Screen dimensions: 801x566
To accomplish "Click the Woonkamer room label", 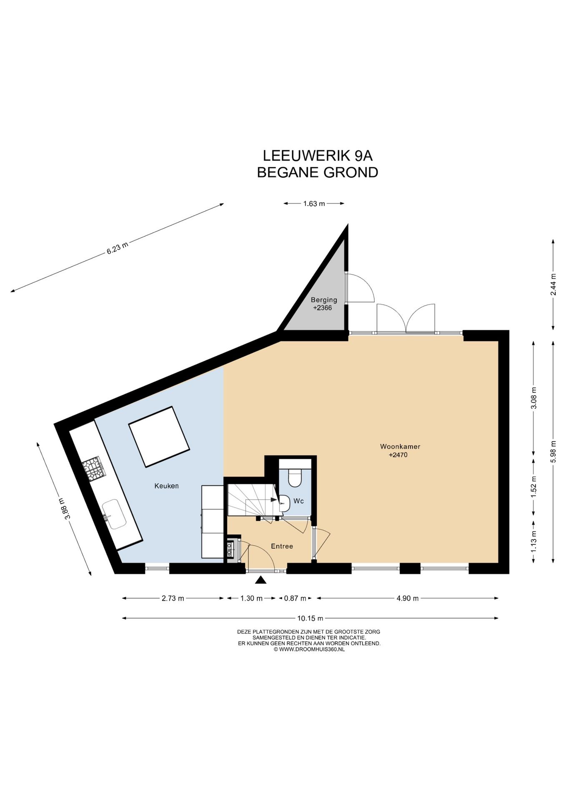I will (x=400, y=446).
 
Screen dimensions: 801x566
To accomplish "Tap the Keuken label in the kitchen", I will (x=166, y=486).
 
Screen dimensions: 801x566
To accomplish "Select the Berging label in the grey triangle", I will (x=324, y=300).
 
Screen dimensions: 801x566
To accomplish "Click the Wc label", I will (x=298, y=501).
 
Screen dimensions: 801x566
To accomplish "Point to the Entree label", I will (x=282, y=546).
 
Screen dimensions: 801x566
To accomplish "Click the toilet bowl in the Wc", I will (x=295, y=478).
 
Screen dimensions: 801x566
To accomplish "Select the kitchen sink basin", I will (x=114, y=514).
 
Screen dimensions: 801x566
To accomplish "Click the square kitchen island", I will (x=159, y=437).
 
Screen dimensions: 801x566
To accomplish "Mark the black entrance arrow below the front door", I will (x=260, y=580).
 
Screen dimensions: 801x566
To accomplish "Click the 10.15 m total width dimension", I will (x=310, y=618).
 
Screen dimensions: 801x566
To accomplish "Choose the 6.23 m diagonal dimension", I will (x=117, y=248).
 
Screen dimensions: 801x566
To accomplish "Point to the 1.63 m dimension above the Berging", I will (x=314, y=204).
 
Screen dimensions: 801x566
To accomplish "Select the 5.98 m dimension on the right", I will (x=553, y=451).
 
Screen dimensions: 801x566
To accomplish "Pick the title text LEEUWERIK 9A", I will (x=317, y=156).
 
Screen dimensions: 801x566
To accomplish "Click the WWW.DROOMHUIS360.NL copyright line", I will (x=309, y=649).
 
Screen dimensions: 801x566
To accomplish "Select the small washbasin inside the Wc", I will (x=285, y=503).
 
